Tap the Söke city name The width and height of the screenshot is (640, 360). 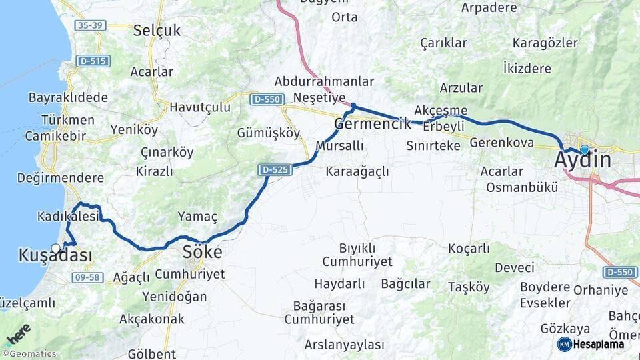[x=203, y=252]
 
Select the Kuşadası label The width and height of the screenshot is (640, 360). [x=55, y=255]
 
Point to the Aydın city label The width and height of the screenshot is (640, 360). [x=583, y=161]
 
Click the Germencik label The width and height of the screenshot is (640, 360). [x=372, y=123]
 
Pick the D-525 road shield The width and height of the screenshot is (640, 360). [x=275, y=170]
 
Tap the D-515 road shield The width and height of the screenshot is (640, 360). [x=93, y=61]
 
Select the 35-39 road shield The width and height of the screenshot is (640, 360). [x=91, y=25]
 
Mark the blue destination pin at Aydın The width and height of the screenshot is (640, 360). [x=585, y=150]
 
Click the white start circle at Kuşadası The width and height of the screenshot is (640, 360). [x=56, y=247]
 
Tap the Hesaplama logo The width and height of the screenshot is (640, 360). [x=591, y=344]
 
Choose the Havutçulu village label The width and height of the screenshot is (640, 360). [x=199, y=107]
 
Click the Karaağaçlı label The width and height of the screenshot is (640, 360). [x=357, y=172]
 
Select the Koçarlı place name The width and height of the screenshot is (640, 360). [x=469, y=249]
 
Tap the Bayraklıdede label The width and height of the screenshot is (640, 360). [x=68, y=97]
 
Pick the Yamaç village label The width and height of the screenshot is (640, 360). [x=197, y=216]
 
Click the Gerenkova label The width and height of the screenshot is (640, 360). [x=502, y=143]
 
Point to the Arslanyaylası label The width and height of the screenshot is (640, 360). [x=344, y=345]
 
